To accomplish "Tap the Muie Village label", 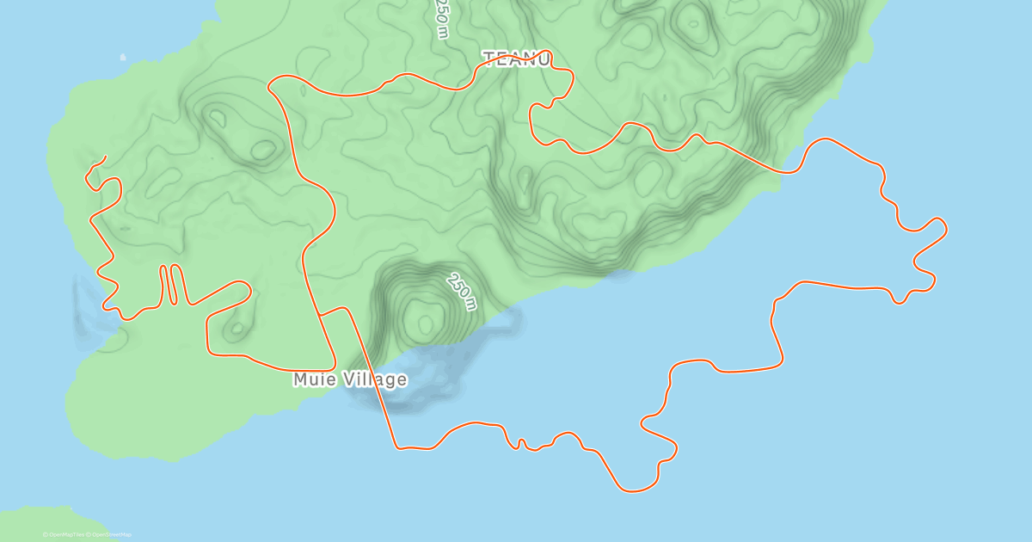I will tap(349, 379).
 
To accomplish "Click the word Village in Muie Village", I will tap(373, 379).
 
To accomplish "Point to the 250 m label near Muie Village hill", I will tap(461, 292).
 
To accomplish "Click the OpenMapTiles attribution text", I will tap(64, 534).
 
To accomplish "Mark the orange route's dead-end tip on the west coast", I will tap(105, 157).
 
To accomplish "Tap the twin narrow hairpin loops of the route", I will tap(169, 284).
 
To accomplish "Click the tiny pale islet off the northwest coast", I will tap(123, 58).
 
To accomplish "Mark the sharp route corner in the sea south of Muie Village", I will tap(397, 447).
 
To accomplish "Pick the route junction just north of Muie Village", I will tap(319, 315).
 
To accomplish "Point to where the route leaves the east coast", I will tap(784, 172).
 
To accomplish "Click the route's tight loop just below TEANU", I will tap(540, 108).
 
